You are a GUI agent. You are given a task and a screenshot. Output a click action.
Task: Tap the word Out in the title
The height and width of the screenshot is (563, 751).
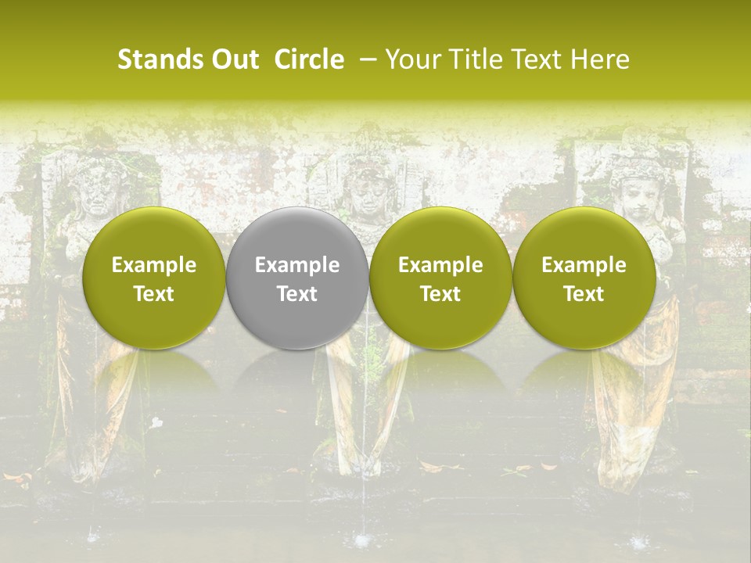click(233, 59)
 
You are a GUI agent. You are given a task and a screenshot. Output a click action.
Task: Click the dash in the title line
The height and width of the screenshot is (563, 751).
click(365, 60)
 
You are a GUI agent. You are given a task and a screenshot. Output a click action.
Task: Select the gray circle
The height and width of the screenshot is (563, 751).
click(297, 278)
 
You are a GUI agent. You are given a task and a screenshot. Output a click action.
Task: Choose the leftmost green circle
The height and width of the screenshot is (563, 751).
click(154, 278)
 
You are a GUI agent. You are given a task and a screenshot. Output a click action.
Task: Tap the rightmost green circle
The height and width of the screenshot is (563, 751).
click(584, 278)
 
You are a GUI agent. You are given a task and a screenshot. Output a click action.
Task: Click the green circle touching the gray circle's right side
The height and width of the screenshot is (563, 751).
click(440, 278)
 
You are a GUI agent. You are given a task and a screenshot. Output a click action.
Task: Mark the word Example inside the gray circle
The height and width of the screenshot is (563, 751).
click(297, 265)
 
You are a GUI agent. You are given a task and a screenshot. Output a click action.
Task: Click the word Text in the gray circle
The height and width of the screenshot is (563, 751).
click(297, 294)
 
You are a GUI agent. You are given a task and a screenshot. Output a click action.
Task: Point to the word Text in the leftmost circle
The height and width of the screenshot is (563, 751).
click(154, 294)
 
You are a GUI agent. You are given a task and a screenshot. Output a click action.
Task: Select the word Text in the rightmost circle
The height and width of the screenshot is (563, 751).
click(584, 294)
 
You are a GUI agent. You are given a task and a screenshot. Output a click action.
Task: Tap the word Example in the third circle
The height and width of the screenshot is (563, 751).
click(440, 265)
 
